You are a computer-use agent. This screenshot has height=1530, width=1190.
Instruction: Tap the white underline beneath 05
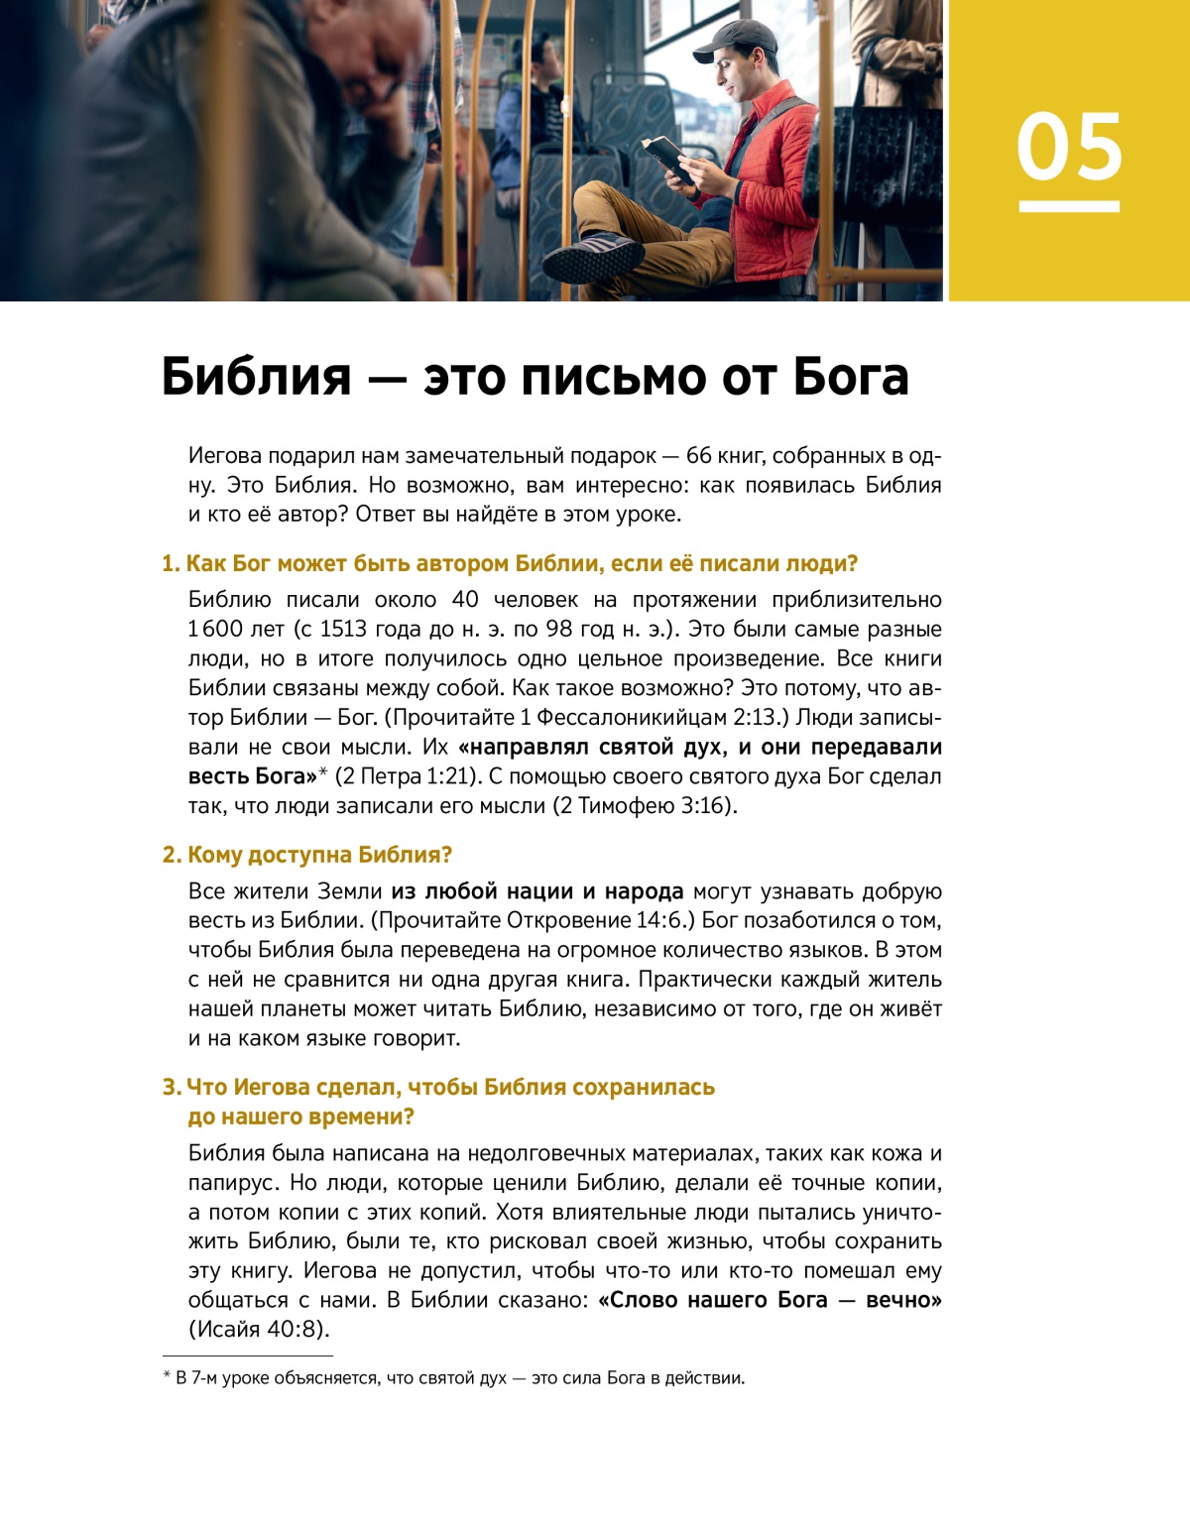point(1069,206)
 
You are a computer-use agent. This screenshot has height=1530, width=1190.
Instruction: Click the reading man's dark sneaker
point(592,258)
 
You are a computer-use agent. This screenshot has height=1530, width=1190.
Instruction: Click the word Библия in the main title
point(257,377)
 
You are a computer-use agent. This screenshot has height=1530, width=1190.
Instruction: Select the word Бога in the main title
point(851,377)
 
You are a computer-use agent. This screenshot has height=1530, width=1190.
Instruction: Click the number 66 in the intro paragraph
point(698,456)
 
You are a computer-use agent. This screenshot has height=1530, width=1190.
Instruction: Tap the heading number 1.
point(170,564)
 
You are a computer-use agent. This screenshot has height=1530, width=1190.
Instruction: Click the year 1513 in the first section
point(342,630)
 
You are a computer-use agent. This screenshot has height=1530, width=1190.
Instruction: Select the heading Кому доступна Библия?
point(319,855)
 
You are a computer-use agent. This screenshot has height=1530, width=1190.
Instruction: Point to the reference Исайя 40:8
point(258,1330)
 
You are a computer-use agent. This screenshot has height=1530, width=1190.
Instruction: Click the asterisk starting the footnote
point(167,1376)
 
